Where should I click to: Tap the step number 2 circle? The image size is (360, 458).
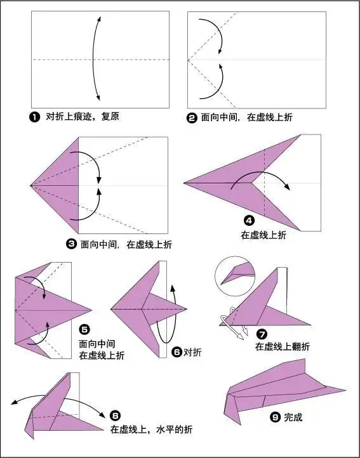point(192,117)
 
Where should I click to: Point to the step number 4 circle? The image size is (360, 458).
point(249,221)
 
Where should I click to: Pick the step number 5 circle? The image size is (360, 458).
point(84,329)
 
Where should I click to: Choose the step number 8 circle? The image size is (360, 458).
point(115,415)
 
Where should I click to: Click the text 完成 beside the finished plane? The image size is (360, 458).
point(294,417)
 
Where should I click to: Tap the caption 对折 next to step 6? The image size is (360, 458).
point(192,352)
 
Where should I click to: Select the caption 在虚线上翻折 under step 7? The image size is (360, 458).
point(283,346)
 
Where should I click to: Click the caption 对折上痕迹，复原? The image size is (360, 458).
point(83,117)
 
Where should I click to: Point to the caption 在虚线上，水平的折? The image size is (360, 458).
point(151,429)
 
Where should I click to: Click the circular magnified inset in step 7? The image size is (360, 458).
point(234,275)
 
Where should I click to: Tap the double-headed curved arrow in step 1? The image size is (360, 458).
point(95,59)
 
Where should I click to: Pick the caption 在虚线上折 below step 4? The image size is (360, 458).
point(263,235)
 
